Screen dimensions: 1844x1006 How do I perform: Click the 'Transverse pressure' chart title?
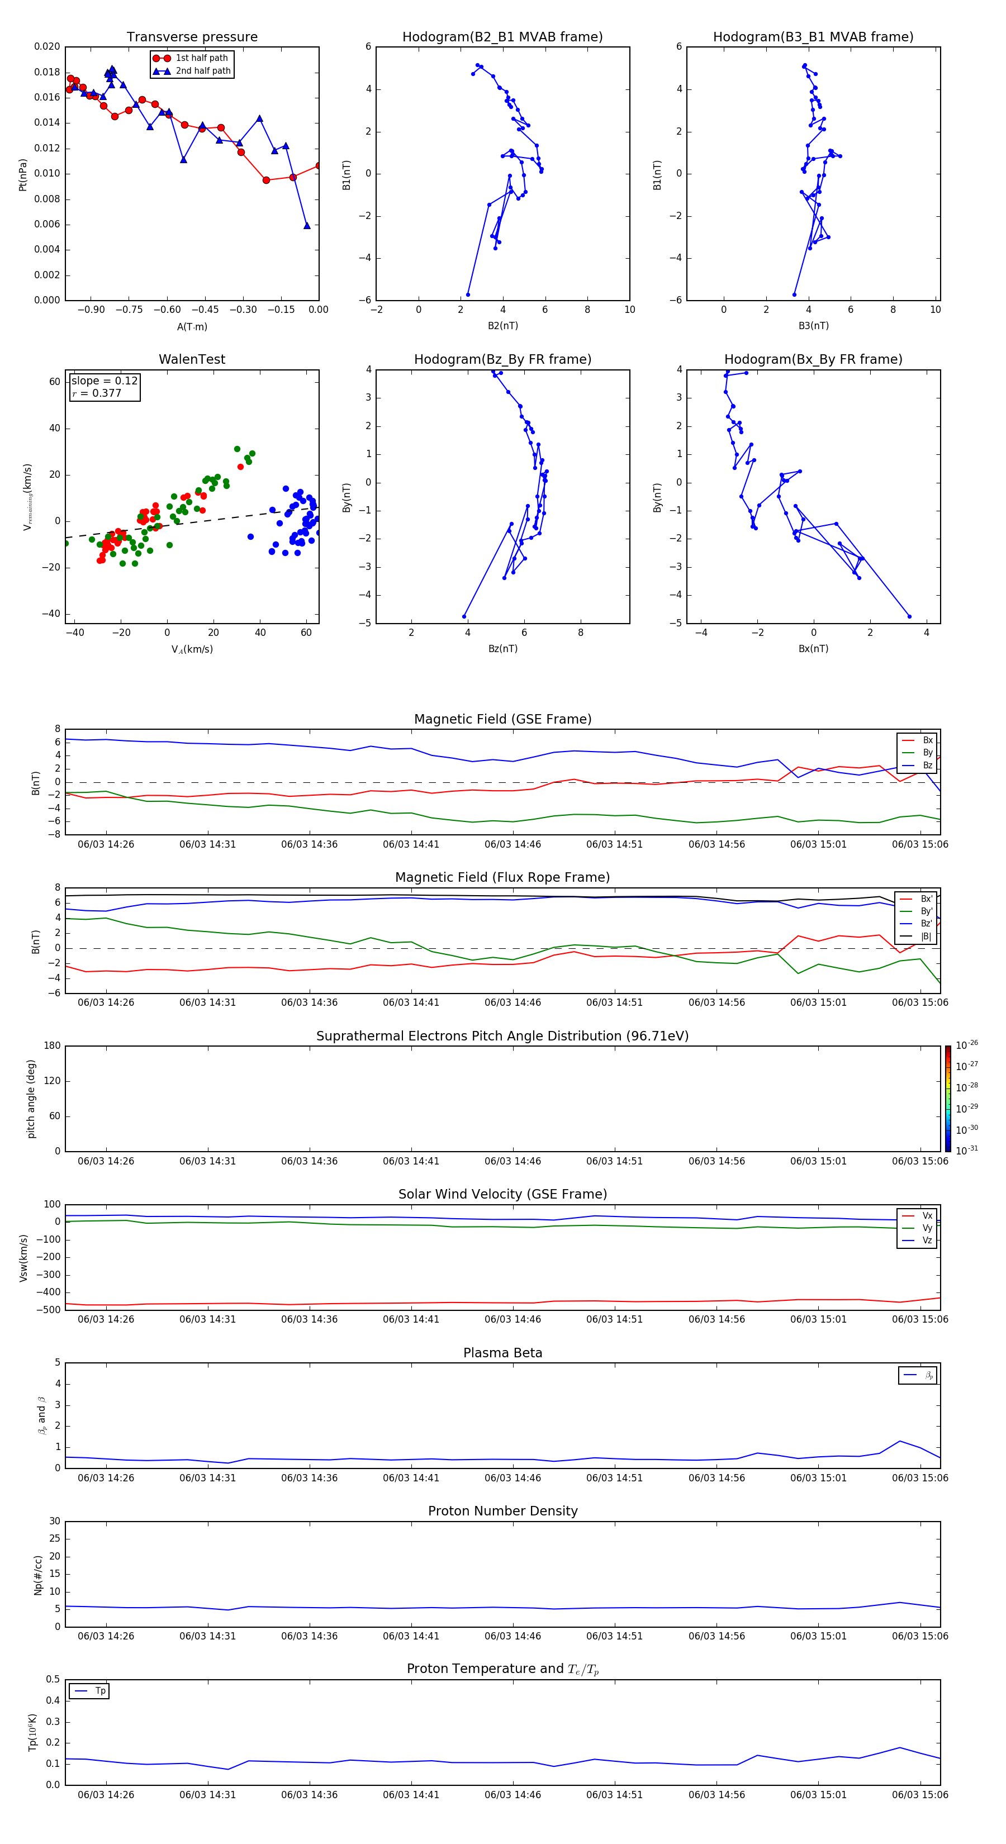pos(192,37)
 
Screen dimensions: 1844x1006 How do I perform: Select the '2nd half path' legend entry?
pos(203,71)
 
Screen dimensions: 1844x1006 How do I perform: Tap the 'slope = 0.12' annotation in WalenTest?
pos(105,381)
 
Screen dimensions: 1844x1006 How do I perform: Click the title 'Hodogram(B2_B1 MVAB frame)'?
pos(502,37)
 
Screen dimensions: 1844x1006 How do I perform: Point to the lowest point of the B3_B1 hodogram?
pos(794,294)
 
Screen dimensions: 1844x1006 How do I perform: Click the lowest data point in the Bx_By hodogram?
pos(909,616)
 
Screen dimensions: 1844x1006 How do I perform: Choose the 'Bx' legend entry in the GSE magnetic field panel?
pos(927,740)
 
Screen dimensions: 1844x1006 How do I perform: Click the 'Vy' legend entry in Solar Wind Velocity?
pos(927,1228)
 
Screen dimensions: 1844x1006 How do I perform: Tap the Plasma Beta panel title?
pos(502,1353)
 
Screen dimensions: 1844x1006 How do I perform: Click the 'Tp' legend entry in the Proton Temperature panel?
pos(100,1691)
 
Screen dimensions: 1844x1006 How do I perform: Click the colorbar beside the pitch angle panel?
pos(947,1098)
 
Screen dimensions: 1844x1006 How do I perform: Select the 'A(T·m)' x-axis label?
pos(192,326)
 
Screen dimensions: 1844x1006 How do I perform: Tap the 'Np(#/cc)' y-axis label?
pos(38,1575)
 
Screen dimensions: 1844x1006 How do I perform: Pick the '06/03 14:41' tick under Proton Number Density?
pos(411,1636)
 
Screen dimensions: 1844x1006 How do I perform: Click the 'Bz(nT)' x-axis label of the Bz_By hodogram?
pos(502,649)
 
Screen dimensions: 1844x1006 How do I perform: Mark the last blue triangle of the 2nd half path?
pos(307,226)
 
